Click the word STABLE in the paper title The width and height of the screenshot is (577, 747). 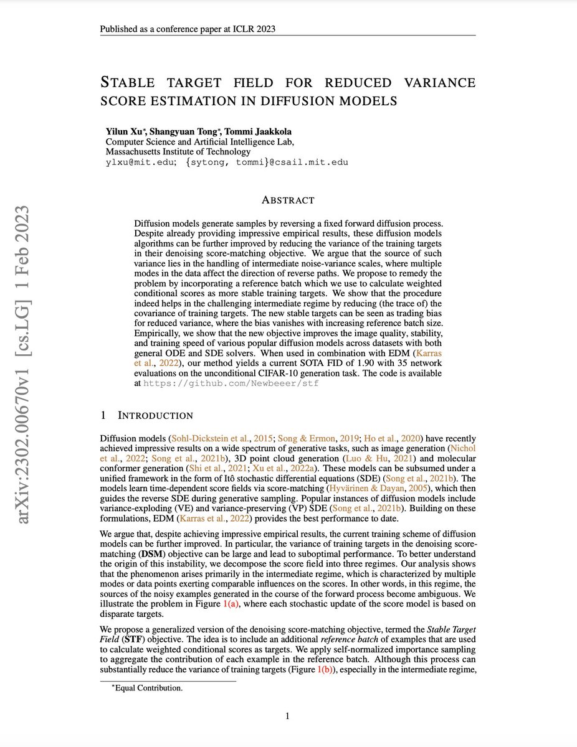(131, 83)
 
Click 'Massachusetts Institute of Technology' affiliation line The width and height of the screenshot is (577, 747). (178, 151)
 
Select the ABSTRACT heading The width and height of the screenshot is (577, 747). (288, 200)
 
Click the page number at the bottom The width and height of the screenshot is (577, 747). (288, 716)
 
